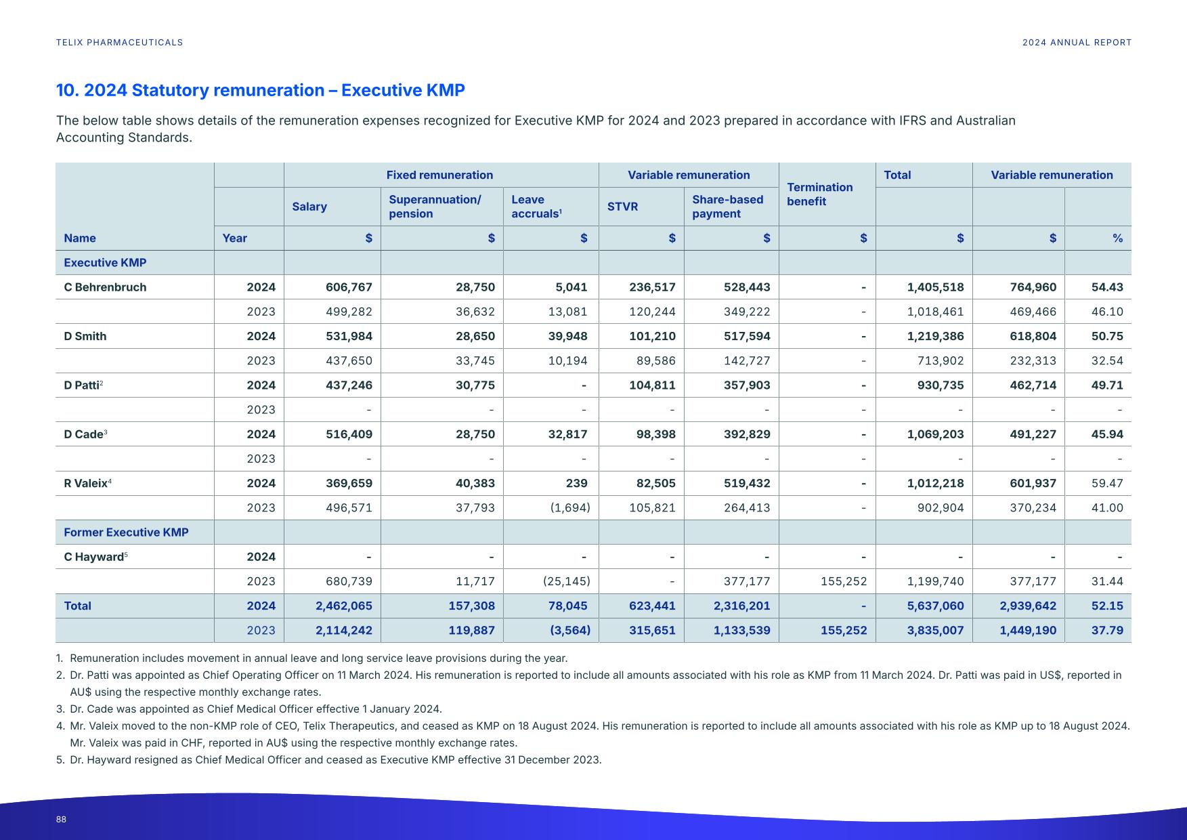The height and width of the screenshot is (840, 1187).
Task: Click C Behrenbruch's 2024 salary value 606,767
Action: click(x=349, y=287)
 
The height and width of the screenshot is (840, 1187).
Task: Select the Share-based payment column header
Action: click(x=727, y=207)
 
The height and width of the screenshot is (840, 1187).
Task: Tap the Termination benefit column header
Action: click(x=819, y=194)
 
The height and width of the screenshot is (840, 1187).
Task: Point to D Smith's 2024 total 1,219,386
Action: click(x=935, y=337)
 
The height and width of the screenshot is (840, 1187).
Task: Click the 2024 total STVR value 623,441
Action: click(x=651, y=606)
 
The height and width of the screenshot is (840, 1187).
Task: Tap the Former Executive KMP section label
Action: click(x=126, y=532)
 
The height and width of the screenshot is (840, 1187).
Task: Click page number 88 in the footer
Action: click(x=61, y=820)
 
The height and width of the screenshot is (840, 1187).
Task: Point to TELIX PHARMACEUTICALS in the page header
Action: click(x=119, y=43)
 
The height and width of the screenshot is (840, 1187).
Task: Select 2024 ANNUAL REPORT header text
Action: click(x=1077, y=43)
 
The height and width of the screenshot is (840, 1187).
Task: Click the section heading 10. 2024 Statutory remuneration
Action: click(x=260, y=91)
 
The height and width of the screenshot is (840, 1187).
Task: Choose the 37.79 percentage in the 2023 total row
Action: click(x=1106, y=631)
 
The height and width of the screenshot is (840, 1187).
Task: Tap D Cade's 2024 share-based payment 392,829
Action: click(x=746, y=434)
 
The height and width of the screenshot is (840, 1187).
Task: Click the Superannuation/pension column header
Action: click(x=435, y=207)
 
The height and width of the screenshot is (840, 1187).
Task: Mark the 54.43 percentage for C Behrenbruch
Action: click(x=1106, y=287)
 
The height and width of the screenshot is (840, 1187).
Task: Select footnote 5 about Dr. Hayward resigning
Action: click(x=334, y=760)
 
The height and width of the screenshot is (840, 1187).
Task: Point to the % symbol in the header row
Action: click(x=1117, y=238)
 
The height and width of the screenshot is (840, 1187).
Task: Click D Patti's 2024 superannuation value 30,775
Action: click(x=475, y=385)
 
